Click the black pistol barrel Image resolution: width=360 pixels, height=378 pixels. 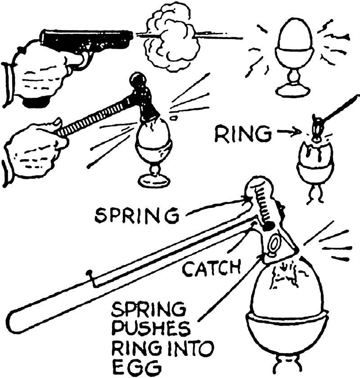(85, 38)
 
